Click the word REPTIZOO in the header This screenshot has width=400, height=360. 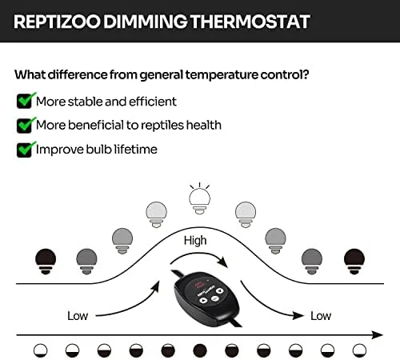pyautogui.click(x=57, y=22)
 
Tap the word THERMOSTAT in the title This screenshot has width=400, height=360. pyautogui.click(x=250, y=22)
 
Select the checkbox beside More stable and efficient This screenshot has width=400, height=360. pyautogui.click(x=26, y=101)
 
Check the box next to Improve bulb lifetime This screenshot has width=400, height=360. pyautogui.click(x=26, y=150)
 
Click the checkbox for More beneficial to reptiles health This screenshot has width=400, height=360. pyautogui.click(x=26, y=125)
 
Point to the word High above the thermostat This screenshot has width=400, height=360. pyautogui.click(x=195, y=241)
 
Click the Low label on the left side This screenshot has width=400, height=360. pyautogui.click(x=78, y=316)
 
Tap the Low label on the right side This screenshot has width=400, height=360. pyautogui.click(x=321, y=316)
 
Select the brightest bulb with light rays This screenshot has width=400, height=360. pyautogui.click(x=199, y=198)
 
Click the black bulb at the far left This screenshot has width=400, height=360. pyautogui.click(x=46, y=262)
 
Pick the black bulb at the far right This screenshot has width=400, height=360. pyautogui.click(x=354, y=262)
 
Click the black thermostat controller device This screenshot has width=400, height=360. pyautogui.click(x=206, y=298)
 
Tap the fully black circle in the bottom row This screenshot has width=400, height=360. pyautogui.click(x=200, y=350)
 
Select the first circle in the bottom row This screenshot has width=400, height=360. pyautogui.click(x=41, y=350)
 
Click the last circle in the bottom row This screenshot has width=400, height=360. pyautogui.click(x=359, y=350)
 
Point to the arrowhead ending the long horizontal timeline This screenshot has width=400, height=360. pyautogui.click(x=378, y=335)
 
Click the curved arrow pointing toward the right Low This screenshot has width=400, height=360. pyautogui.click(x=266, y=306)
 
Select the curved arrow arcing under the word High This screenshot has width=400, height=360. pyautogui.click(x=198, y=255)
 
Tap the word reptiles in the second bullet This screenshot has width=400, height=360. pyautogui.click(x=162, y=126)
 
